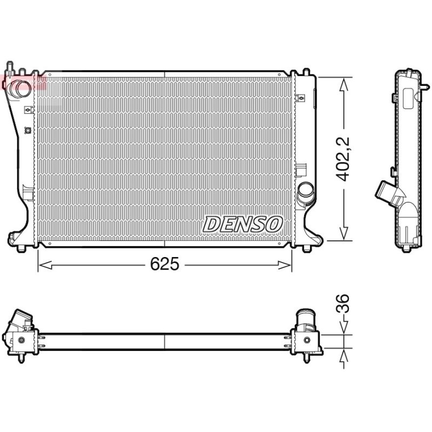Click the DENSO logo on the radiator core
coord(242,224)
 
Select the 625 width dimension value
coord(165,264)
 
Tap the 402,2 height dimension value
coord(343,159)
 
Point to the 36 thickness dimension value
coord(343,303)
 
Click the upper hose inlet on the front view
coord(18,88)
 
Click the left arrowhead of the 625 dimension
coord(45,265)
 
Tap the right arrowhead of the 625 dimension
coord(285,265)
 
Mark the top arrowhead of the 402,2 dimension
coord(344,84)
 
